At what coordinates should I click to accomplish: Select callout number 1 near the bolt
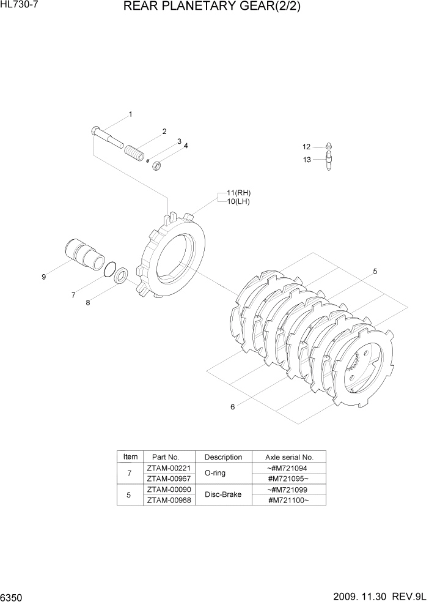(130, 114)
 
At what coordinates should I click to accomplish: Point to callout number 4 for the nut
(186, 146)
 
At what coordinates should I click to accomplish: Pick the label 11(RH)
(239, 193)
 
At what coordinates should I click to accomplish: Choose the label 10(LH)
(238, 201)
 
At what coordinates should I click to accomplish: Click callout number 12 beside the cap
(307, 147)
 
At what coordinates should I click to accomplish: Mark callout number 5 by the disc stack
(375, 271)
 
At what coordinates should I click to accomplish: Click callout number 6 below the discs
(232, 408)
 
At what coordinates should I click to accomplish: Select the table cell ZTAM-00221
(169, 468)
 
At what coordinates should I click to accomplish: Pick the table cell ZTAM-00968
(169, 500)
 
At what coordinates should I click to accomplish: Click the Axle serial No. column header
(289, 457)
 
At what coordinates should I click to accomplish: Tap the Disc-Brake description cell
(223, 494)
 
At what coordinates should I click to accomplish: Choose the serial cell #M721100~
(289, 500)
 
